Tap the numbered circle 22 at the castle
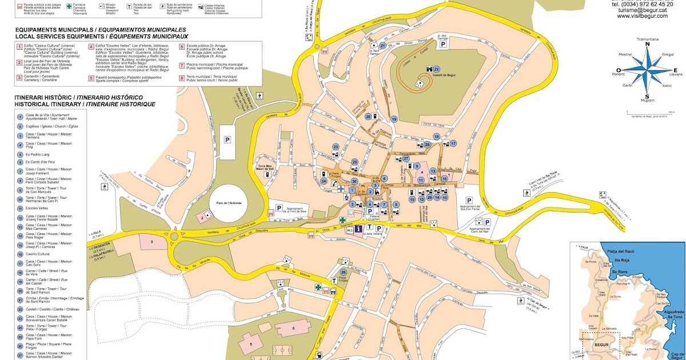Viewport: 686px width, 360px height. [x=436, y=69]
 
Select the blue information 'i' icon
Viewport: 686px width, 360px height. [x=358, y=229]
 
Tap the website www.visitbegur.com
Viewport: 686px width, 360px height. [x=642, y=16]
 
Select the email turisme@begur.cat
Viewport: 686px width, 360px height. [x=642, y=10]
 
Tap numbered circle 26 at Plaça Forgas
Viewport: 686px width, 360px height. [x=343, y=271]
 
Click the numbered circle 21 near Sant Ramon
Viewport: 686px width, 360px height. [x=383, y=46]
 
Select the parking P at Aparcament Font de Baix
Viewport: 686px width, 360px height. [x=280, y=209]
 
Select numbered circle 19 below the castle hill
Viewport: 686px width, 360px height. [x=394, y=119]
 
